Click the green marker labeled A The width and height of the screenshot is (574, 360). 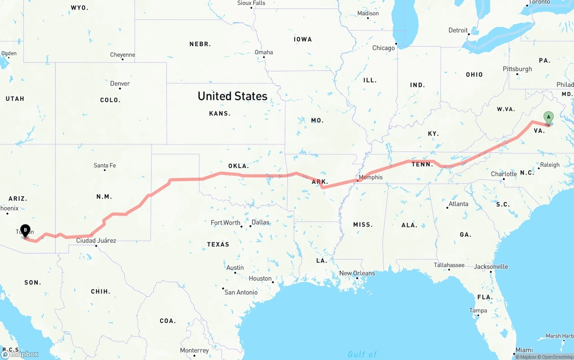548,117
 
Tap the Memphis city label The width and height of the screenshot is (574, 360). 371,177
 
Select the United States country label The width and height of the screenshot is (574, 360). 232,96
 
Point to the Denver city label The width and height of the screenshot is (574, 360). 120,83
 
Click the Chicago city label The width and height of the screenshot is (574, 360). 383,48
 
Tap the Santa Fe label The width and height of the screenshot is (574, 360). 104,165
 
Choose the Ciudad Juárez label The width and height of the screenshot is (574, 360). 96,241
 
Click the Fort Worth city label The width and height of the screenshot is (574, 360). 225,223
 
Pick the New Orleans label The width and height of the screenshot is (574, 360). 357,273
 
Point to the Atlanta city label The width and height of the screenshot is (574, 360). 458,204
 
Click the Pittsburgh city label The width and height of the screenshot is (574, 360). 517,69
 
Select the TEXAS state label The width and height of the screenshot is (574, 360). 218,244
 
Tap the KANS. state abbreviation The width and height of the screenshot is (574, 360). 220,113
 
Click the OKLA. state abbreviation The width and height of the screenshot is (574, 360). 238,166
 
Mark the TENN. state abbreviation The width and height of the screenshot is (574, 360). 422,164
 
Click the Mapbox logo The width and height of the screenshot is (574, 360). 20,354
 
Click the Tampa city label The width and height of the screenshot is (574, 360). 478,310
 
